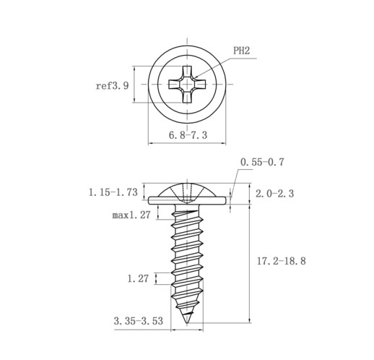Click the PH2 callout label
[x=242, y=51]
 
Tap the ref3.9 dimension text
[x=113, y=85]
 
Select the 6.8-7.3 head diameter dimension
[x=188, y=135]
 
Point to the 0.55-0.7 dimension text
[x=262, y=162]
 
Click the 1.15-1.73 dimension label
[x=113, y=192]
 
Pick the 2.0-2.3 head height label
[x=274, y=194]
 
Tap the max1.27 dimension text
[x=131, y=215]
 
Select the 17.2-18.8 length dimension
[x=282, y=261]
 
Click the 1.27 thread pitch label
[x=138, y=278]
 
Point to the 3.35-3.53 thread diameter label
[x=139, y=321]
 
